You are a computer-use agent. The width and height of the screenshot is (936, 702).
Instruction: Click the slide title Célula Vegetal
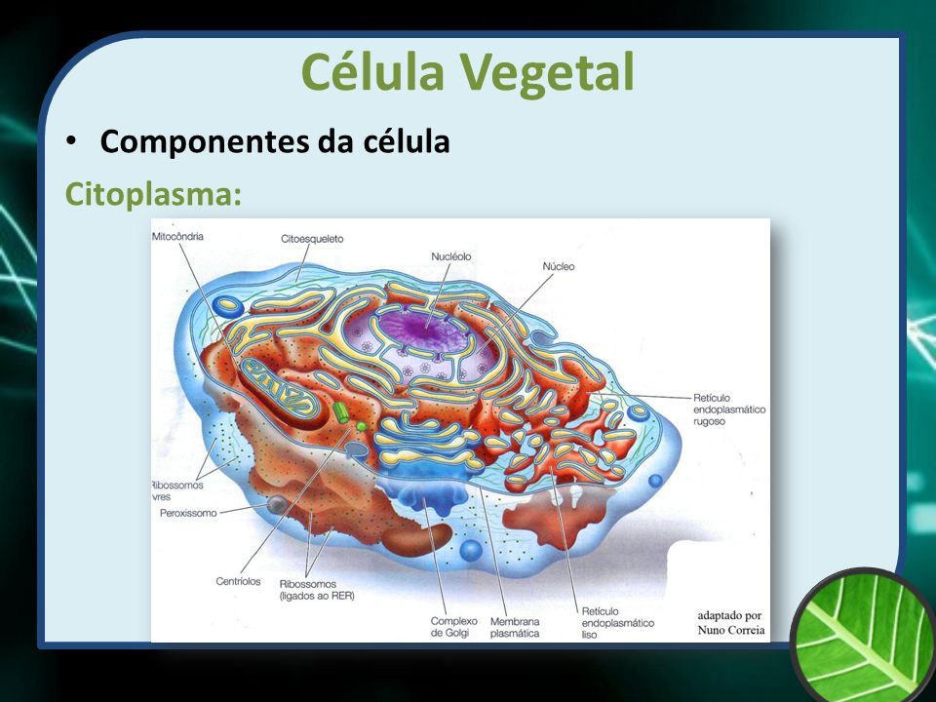point(467,72)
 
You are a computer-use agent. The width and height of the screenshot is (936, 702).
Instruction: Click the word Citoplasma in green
point(148,194)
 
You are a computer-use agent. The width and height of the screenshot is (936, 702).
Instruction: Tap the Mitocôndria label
point(177,236)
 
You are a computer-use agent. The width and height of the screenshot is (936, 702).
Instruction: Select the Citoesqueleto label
point(312,239)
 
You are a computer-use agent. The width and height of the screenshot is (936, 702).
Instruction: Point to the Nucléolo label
point(451,256)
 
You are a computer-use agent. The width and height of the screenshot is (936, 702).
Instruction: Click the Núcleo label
point(558,266)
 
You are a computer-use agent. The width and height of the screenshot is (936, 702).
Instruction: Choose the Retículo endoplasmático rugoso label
point(729,409)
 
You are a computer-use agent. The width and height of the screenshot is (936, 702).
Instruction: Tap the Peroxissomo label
point(188,513)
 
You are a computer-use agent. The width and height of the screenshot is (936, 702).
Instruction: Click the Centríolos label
point(238,581)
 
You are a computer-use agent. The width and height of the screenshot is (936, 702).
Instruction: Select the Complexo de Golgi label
point(453,627)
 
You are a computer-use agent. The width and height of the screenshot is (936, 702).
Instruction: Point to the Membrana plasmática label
point(515,627)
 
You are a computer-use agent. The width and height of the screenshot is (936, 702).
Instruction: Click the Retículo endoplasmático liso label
point(618,623)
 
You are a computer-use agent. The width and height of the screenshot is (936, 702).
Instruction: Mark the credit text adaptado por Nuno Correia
point(730,623)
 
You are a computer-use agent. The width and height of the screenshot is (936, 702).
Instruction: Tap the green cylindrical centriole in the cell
point(341,412)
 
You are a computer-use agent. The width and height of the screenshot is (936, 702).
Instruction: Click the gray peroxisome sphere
point(277,504)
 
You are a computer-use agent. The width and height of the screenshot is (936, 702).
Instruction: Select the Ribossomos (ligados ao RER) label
point(316,590)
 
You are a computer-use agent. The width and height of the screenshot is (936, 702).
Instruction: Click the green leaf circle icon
point(864,635)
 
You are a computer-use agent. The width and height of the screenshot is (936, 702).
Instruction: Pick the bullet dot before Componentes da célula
point(71,141)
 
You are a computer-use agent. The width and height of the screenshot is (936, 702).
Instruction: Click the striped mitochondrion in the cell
point(281,389)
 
